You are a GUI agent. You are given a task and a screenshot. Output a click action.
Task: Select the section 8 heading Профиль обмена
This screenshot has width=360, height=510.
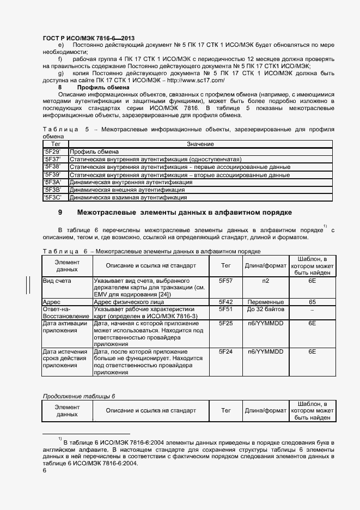(103, 87)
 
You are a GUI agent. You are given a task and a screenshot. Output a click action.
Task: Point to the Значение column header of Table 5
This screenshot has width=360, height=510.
(200, 143)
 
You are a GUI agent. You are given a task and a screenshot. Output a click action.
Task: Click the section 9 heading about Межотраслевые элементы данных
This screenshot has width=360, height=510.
(184, 212)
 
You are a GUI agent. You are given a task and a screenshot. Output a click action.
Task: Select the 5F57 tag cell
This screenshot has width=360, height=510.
(225, 280)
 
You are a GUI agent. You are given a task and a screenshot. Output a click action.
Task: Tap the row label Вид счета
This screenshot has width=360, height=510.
(57, 280)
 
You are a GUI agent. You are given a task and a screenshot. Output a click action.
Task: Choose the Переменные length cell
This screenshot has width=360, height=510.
(265, 301)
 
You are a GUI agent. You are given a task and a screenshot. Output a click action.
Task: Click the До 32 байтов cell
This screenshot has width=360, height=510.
(265, 309)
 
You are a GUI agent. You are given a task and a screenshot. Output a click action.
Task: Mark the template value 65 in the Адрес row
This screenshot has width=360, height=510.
(312, 301)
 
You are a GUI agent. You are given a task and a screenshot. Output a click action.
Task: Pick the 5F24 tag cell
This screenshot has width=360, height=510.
(225, 352)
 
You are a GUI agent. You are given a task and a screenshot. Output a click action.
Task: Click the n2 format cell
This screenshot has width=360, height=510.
(265, 280)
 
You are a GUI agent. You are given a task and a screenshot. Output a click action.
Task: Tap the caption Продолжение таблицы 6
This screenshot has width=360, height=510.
(80, 396)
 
